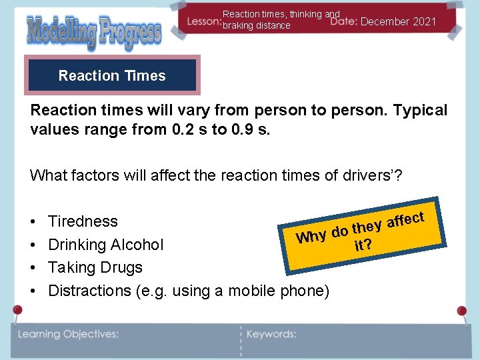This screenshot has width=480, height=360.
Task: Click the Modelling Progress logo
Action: coord(94,31)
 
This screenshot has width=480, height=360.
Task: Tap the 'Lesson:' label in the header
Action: coord(203,22)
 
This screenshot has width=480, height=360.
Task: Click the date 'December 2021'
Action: coord(399,22)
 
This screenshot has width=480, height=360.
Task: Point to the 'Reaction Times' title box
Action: coord(112,75)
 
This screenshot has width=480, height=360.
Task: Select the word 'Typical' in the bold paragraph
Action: coord(420,110)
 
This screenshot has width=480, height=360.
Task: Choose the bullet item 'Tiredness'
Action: coord(83,221)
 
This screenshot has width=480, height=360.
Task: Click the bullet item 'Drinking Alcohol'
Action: coord(105,245)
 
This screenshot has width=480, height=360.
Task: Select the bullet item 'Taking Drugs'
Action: coord(95,267)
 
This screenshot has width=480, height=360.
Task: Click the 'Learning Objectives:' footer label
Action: coord(68,334)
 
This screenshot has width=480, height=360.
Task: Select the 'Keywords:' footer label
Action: coord(271,334)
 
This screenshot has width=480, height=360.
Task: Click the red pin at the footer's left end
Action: coord(17,311)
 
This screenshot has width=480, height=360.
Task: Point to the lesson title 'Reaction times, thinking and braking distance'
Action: coord(281,19)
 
